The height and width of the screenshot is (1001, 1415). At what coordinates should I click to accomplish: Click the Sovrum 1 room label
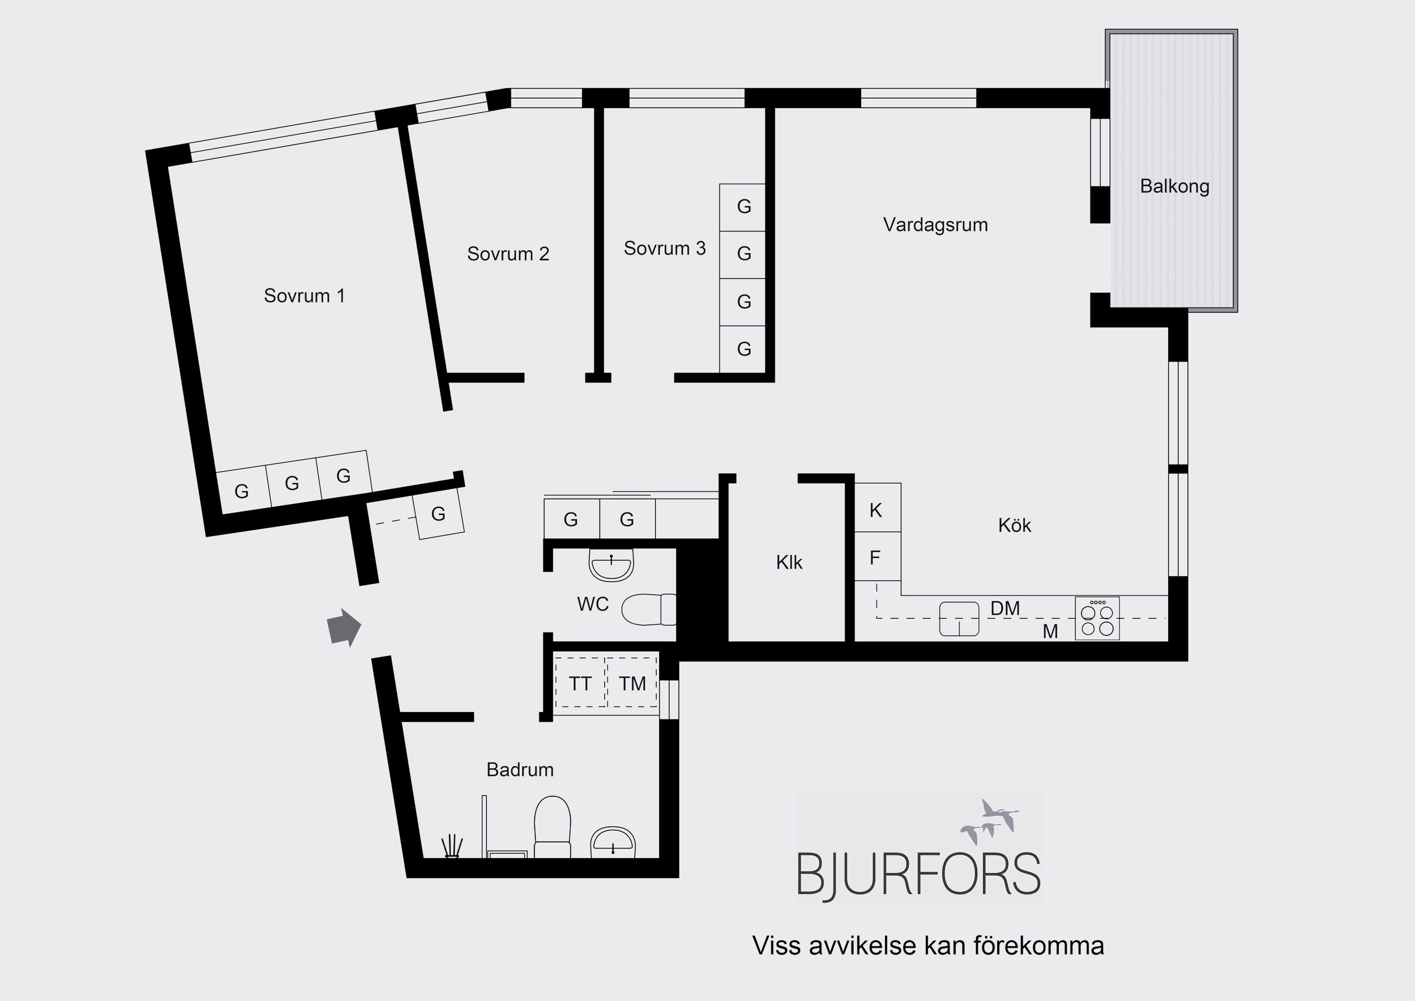click(x=304, y=296)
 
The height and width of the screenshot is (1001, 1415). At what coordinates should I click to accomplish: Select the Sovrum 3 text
click(x=664, y=248)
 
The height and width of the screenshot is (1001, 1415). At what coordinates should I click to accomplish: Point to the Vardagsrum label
click(x=935, y=224)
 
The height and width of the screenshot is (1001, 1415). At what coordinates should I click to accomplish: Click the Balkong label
click(x=1174, y=186)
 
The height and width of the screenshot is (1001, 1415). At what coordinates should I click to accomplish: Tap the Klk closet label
click(x=789, y=562)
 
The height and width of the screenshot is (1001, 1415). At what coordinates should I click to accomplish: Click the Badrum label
click(x=520, y=770)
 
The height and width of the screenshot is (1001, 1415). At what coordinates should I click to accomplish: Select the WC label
click(x=593, y=604)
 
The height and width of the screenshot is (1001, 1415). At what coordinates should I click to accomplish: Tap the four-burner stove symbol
click(x=1097, y=618)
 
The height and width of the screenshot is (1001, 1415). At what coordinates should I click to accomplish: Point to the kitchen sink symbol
click(x=959, y=619)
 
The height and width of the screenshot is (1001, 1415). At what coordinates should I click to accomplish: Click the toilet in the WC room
click(x=649, y=610)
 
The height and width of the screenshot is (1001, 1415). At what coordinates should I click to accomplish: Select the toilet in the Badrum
click(x=552, y=827)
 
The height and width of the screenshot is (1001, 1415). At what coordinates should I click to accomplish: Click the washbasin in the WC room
click(x=612, y=565)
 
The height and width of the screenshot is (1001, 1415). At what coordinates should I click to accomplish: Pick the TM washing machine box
click(x=632, y=683)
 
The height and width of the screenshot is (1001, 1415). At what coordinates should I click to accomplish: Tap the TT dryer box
click(x=580, y=683)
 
